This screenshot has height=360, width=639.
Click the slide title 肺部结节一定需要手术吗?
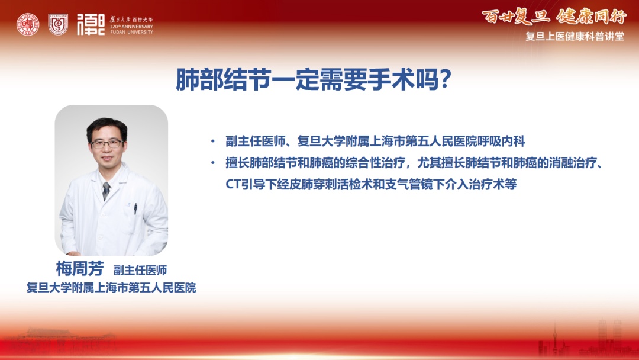(x=313, y=79)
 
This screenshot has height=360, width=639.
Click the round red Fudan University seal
(x=28, y=24)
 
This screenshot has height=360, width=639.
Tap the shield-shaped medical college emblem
(x=58, y=24)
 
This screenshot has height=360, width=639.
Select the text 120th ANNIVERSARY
(x=131, y=27)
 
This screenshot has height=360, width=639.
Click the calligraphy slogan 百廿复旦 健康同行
(x=554, y=17)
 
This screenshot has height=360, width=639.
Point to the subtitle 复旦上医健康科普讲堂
(x=575, y=36)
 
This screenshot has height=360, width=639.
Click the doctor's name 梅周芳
(x=80, y=269)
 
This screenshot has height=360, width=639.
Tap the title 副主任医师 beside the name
(x=140, y=270)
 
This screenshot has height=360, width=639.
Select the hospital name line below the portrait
(x=111, y=287)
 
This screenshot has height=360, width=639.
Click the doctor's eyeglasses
(x=106, y=143)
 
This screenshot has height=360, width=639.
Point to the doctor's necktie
(x=106, y=191)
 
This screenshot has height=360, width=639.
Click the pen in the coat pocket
(x=135, y=208)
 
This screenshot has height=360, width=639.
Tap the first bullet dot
(x=213, y=142)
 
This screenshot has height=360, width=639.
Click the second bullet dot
(x=213, y=163)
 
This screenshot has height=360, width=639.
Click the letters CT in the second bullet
(x=233, y=184)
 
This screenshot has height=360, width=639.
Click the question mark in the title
(x=445, y=79)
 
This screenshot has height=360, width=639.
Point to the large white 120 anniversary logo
(x=91, y=24)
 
